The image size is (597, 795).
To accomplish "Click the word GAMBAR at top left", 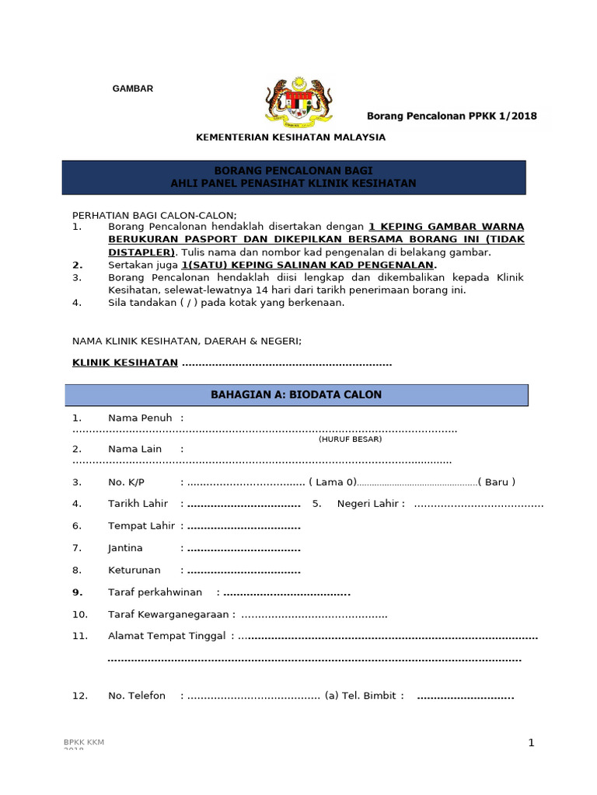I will click(x=133, y=89).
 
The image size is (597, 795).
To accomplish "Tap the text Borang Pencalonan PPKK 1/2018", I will click(x=452, y=116).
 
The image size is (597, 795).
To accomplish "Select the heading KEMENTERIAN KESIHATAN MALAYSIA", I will click(x=290, y=137).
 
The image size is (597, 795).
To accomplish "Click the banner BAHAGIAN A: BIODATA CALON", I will click(x=296, y=395).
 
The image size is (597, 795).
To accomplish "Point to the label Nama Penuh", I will click(x=140, y=418).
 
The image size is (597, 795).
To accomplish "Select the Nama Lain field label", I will click(x=134, y=449).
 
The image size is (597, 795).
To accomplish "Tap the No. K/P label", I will click(x=126, y=482).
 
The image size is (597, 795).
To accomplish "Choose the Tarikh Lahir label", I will click(x=138, y=504).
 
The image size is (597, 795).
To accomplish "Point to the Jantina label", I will click(x=125, y=548).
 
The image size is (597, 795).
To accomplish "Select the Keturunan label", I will click(x=134, y=571).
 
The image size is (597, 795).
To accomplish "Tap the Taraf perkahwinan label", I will click(x=155, y=592).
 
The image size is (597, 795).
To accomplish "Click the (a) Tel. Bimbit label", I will click(x=365, y=696).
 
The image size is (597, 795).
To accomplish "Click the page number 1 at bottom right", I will click(x=531, y=743).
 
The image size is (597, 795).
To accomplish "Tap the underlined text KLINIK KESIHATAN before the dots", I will click(x=125, y=363).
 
